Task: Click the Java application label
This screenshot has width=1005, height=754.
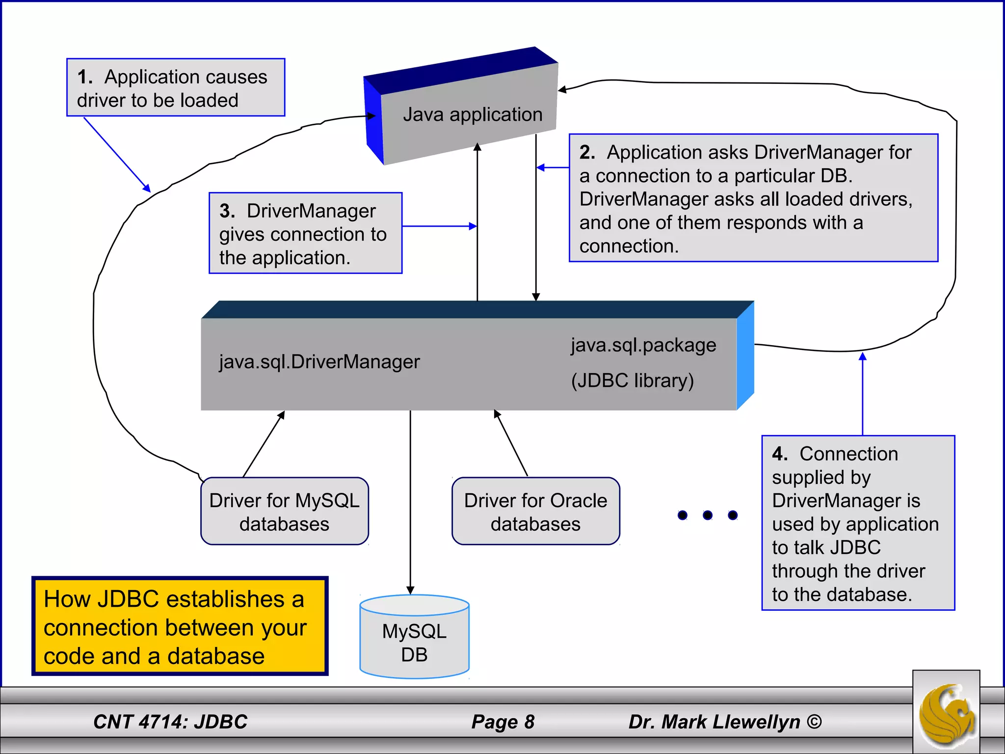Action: coord(473,115)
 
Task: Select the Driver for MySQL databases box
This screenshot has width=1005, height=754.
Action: coord(285,512)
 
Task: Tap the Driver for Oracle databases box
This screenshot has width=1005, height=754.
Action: coord(535,512)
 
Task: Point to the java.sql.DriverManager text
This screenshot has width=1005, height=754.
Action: coord(319,362)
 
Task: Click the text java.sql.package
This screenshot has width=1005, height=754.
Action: coord(643,346)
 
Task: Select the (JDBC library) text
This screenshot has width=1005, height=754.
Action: coord(633,381)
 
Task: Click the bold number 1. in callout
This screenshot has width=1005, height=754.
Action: coord(84,77)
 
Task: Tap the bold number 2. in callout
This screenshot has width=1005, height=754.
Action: coord(587,152)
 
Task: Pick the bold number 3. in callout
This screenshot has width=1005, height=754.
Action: coord(227,211)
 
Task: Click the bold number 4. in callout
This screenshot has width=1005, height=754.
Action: coord(779,454)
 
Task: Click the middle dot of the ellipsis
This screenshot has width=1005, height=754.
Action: coord(708,515)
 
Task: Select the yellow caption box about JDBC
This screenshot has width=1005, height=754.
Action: coord(180,626)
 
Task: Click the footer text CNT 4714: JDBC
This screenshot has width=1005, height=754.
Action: coord(170,722)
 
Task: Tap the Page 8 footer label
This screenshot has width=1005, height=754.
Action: coord(502,722)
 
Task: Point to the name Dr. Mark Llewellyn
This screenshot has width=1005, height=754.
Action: coord(714,722)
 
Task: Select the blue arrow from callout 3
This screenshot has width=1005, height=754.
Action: coord(439,226)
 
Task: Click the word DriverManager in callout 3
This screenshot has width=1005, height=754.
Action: coord(311,211)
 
